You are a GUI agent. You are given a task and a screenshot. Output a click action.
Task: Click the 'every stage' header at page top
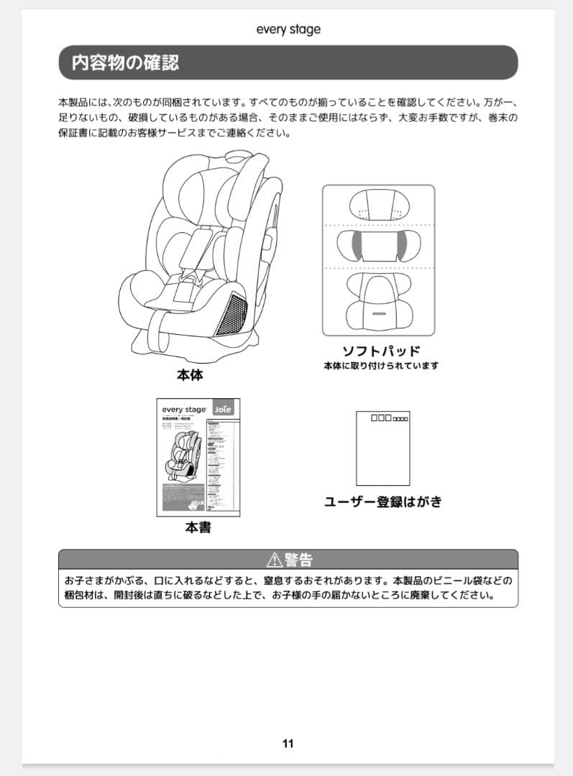click(288, 29)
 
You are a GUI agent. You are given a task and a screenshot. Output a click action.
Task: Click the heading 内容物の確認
click(125, 63)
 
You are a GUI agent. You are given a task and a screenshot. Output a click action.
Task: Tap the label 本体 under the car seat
click(190, 375)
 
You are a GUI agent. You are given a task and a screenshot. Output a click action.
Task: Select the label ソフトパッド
click(380, 351)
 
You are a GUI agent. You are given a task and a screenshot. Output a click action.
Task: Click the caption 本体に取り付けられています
click(380, 366)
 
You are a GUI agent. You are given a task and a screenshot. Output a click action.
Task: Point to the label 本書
click(198, 527)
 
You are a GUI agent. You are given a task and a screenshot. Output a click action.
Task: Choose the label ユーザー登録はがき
click(382, 502)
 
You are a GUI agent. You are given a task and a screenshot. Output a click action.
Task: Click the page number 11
click(288, 744)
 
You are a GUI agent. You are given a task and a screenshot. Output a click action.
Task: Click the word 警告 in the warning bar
click(298, 560)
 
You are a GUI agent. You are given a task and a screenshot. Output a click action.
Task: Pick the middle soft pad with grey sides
click(378, 246)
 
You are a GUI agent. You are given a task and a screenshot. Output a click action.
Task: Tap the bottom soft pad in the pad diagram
click(378, 300)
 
